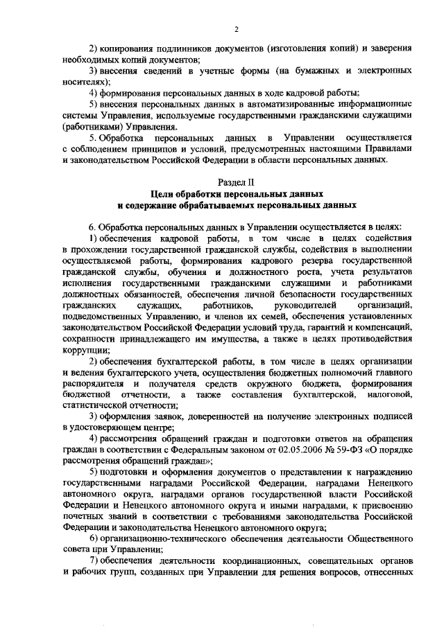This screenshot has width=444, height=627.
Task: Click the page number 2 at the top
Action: pyautogui.click(x=236, y=28)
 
